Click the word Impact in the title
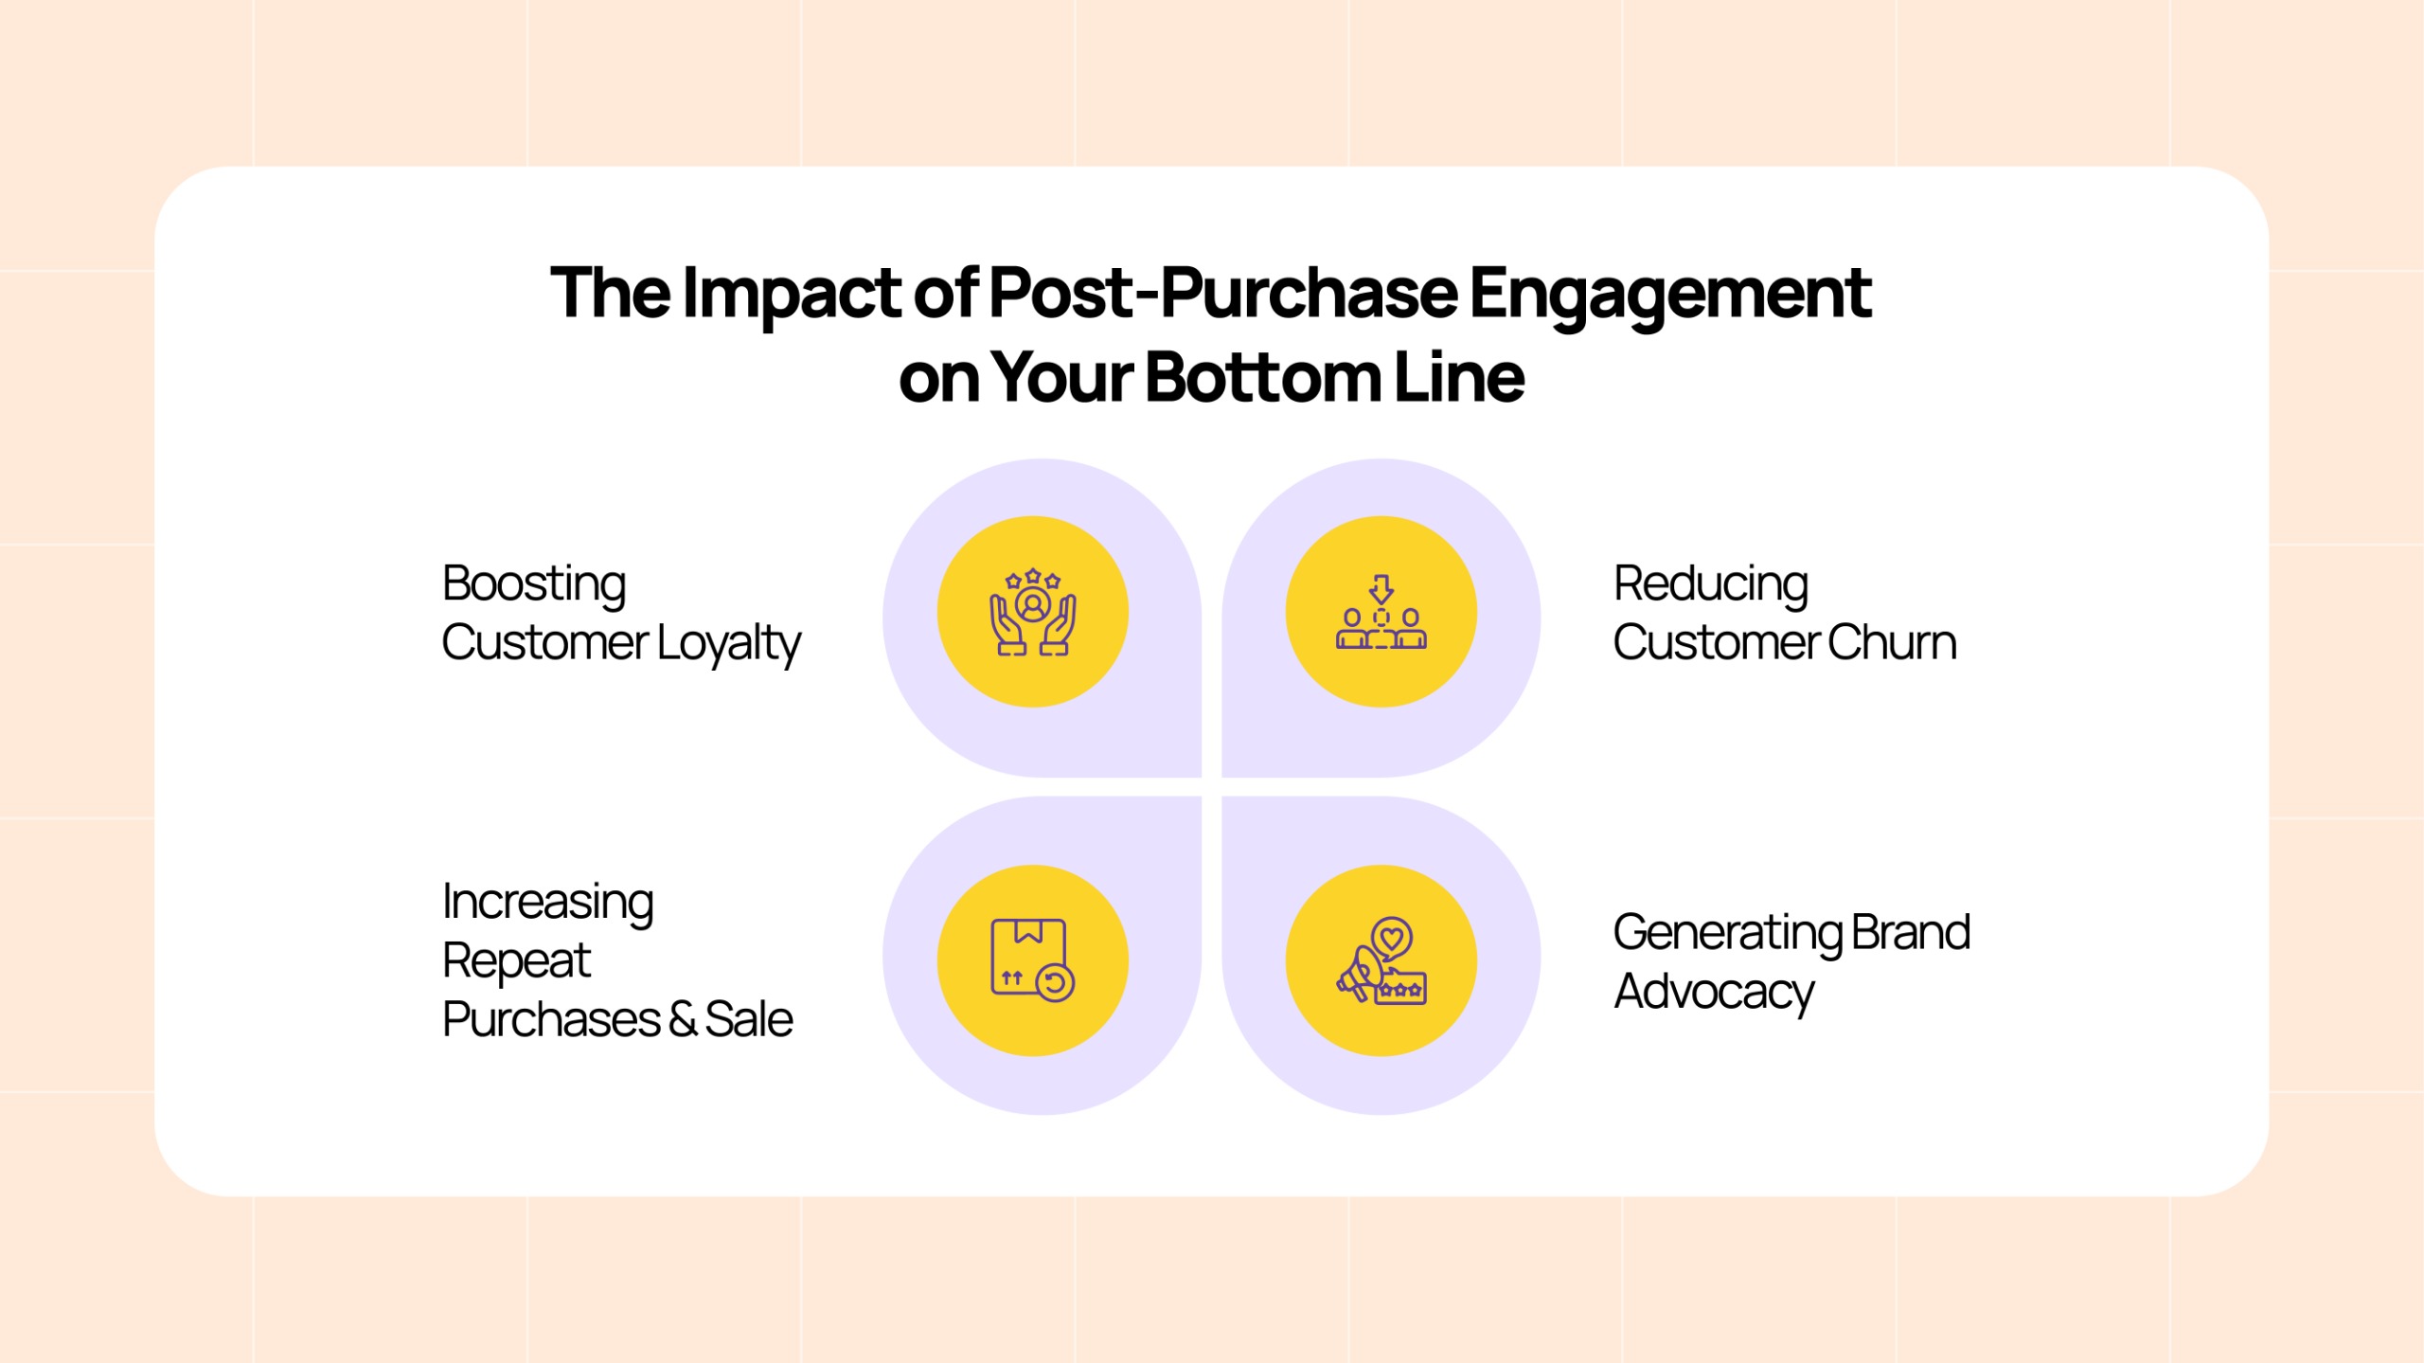(x=792, y=295)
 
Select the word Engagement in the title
(x=1670, y=295)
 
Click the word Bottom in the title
(x=1263, y=377)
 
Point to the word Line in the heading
(x=1459, y=377)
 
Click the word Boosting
(x=534, y=585)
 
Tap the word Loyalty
(x=729, y=644)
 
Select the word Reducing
(x=1711, y=585)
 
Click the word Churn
(x=1892, y=642)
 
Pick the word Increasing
(x=548, y=904)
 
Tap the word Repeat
(x=517, y=962)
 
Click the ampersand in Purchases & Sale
(x=682, y=1020)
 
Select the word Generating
(x=1727, y=934)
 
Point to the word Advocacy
(x=1715, y=994)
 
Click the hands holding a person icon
(x=1033, y=621)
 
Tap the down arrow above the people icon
(x=1381, y=589)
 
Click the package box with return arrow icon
(x=1033, y=959)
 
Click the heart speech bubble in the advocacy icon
(x=1392, y=940)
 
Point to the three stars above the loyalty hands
(x=1033, y=578)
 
